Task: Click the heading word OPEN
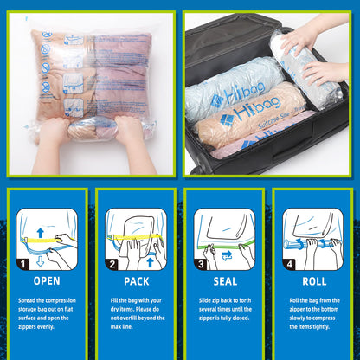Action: click(x=46, y=280)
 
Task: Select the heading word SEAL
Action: click(x=224, y=280)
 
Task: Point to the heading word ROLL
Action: click(x=312, y=280)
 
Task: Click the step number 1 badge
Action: click(x=22, y=262)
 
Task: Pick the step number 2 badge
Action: click(x=112, y=262)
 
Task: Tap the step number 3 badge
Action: click(x=200, y=262)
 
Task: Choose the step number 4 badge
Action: click(x=289, y=262)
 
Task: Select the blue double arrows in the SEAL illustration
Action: click(x=227, y=254)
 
